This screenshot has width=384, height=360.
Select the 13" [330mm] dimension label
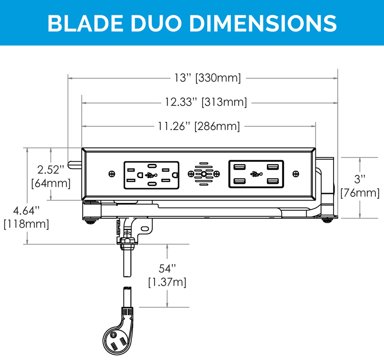coord(207,77)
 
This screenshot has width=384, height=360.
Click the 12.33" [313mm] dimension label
coord(206,102)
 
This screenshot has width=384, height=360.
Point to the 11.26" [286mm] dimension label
coord(199,126)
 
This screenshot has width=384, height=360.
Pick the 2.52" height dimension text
coord(51,169)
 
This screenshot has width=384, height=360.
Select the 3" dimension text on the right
coord(360,179)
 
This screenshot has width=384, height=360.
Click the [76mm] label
coord(360,193)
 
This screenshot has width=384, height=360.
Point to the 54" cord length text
coord(168,267)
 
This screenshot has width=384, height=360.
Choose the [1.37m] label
coord(168,282)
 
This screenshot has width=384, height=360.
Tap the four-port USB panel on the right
coord(256,174)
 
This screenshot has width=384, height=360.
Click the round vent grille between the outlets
coord(204,174)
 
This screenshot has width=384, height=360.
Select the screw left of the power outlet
coord(112,174)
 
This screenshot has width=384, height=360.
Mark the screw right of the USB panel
coord(296,174)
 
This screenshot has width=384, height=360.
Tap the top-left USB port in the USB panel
coord(240,167)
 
